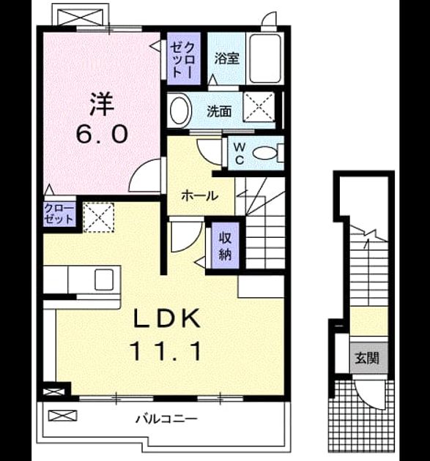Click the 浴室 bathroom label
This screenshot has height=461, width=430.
(x=226, y=59)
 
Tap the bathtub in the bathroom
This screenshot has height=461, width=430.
(x=264, y=59)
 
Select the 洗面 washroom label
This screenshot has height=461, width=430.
(x=219, y=111)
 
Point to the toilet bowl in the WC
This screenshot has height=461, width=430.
(x=265, y=153)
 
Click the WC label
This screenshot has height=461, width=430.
(x=240, y=153)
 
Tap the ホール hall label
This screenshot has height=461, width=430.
(x=199, y=195)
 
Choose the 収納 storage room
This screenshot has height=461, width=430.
(x=225, y=245)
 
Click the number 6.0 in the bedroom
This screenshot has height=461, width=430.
(x=102, y=134)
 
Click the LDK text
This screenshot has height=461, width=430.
(x=167, y=318)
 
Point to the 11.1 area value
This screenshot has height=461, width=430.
(x=167, y=351)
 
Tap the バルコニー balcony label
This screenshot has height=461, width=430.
(x=166, y=419)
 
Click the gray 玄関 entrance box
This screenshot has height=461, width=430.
(x=368, y=358)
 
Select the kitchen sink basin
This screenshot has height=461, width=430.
(x=104, y=280)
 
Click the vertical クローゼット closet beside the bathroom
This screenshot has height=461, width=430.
(x=184, y=59)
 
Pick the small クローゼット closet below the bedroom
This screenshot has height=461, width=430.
(x=59, y=214)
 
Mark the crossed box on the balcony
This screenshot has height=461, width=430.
(x=63, y=416)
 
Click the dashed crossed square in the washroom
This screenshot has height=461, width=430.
(x=259, y=107)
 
